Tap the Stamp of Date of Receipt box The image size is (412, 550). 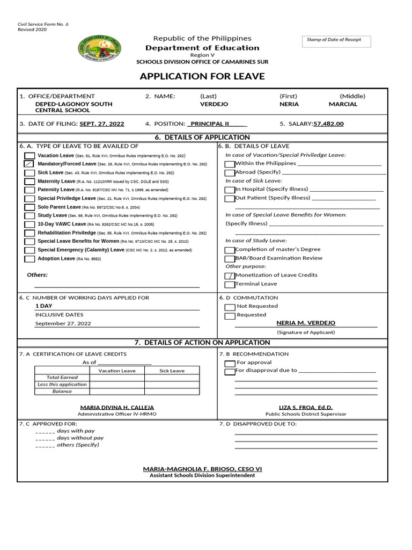tap(336, 41)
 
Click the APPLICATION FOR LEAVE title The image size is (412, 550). tap(202, 76)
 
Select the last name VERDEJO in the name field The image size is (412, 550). tap(214, 104)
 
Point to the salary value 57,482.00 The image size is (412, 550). tap(328, 124)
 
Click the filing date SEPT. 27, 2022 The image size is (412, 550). tap(102, 124)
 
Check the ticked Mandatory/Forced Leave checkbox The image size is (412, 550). tap(29, 164)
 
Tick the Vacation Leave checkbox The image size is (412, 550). tap(29, 155)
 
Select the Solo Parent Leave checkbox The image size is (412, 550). tap(29, 207)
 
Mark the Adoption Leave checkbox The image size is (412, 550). tap(29, 259)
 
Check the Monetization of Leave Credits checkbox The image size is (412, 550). tap(230, 276)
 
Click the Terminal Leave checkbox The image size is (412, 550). tap(230, 284)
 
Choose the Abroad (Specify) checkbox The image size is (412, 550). tap(230, 172)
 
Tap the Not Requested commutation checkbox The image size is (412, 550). tap(230, 307)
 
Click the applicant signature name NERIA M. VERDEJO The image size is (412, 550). tap(306, 323)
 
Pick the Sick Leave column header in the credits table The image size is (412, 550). tap(172, 371)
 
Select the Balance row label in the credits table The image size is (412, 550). tap(62, 392)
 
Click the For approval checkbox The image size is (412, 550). tap(230, 363)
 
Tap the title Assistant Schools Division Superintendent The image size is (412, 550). tap(202, 476)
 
